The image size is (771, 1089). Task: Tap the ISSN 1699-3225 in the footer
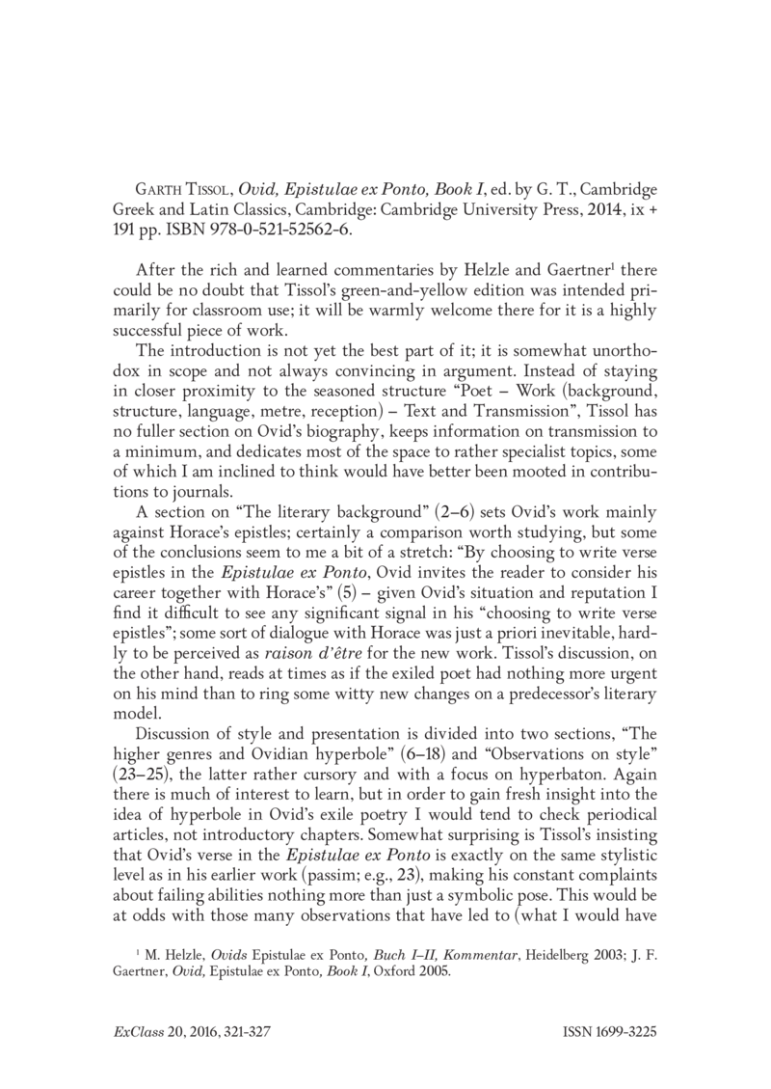click(609, 1031)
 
